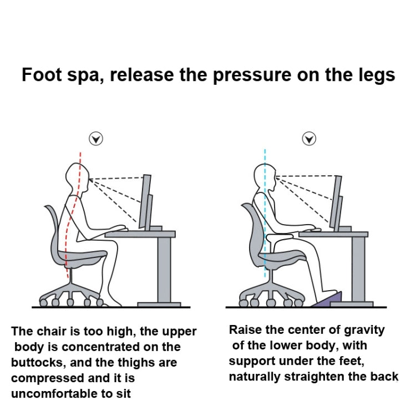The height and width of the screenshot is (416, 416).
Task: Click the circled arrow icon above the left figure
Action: (x=97, y=139)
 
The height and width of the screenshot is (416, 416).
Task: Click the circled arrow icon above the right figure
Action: (x=309, y=139)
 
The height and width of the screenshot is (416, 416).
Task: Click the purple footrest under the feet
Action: (x=332, y=300)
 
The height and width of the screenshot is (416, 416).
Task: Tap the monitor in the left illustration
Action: (x=146, y=202)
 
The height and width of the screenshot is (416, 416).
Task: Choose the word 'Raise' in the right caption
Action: (x=246, y=330)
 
